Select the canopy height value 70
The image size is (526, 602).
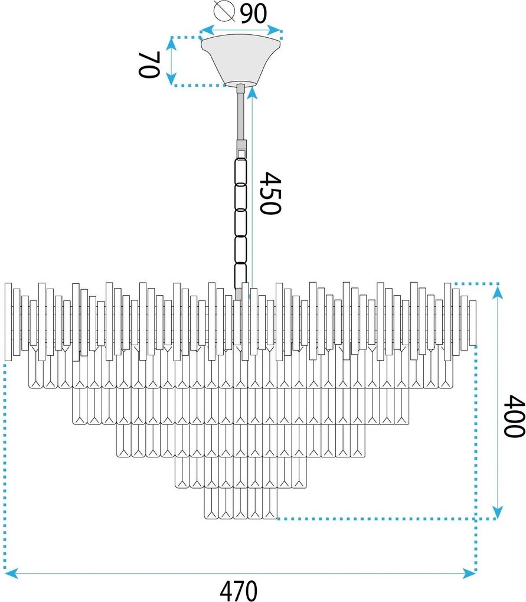(149, 64)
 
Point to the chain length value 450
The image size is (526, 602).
(269, 193)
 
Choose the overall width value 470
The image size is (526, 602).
(239, 590)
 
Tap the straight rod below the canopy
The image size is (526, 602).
(240, 115)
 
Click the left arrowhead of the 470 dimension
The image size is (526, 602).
(11, 572)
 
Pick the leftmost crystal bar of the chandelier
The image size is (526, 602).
(8, 321)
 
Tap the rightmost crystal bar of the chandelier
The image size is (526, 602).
(472, 322)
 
